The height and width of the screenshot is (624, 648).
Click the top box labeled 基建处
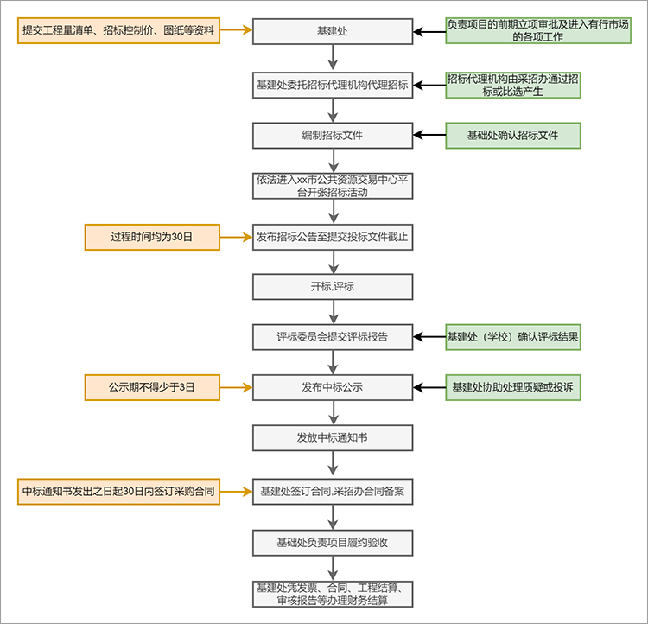coord(333,31)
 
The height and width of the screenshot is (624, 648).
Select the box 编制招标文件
coord(333,135)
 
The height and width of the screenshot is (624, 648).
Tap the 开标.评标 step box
coord(333,287)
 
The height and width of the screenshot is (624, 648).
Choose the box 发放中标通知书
coord(333,438)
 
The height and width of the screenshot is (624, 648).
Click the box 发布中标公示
coord(333,387)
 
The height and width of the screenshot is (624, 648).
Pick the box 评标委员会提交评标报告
coord(333,337)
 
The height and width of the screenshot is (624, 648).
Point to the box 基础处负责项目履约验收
coord(333,543)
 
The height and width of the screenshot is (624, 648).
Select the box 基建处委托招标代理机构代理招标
coord(333,86)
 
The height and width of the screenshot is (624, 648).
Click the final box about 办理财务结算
coord(333,595)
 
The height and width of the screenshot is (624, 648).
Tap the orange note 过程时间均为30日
coord(152,237)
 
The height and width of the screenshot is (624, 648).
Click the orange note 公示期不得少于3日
coord(152,387)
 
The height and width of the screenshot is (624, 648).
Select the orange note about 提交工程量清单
coord(118,30)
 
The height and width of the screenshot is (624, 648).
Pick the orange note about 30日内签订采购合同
coord(118,492)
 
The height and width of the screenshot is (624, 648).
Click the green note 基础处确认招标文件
coord(513,135)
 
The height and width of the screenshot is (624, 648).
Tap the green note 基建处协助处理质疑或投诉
coord(513,387)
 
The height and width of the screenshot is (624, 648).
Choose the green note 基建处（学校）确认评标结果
coord(513,337)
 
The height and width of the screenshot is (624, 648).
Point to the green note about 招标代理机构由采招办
coord(513,86)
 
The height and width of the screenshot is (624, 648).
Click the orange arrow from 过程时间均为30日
coord(236,237)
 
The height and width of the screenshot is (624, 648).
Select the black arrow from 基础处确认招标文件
coord(429,135)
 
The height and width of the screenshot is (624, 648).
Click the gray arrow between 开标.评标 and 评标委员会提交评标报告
coord(334,312)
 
